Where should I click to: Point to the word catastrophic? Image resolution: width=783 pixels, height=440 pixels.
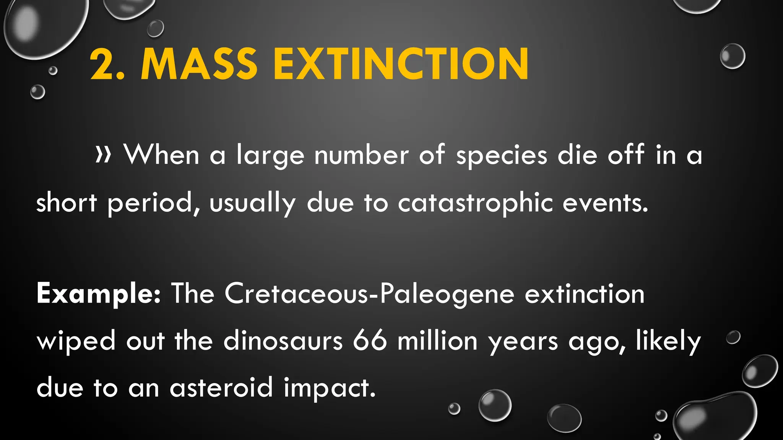coord(475,203)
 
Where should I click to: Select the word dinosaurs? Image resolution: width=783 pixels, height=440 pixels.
coord(283,341)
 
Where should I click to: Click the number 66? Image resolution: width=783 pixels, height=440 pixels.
coord(369,341)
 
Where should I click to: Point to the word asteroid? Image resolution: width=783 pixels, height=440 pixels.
coord(221,388)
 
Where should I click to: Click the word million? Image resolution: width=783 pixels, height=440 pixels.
coord(437,341)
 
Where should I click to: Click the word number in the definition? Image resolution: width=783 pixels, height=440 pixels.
coord(361,155)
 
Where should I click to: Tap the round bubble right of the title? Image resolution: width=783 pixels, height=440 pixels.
coord(732,56)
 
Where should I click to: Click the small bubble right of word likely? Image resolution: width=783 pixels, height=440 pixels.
coord(733,337)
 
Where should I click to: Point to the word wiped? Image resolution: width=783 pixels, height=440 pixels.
coord(76,341)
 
